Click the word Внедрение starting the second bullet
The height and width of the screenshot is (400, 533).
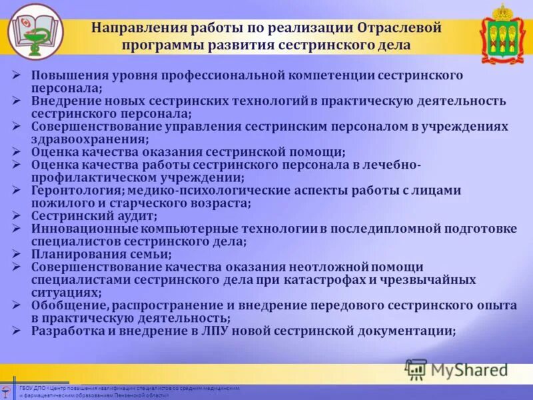(62, 101)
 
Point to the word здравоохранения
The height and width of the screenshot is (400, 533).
(88, 139)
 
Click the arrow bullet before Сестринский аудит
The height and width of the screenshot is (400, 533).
(17, 216)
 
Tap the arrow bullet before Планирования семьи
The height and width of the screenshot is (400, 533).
(17, 254)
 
